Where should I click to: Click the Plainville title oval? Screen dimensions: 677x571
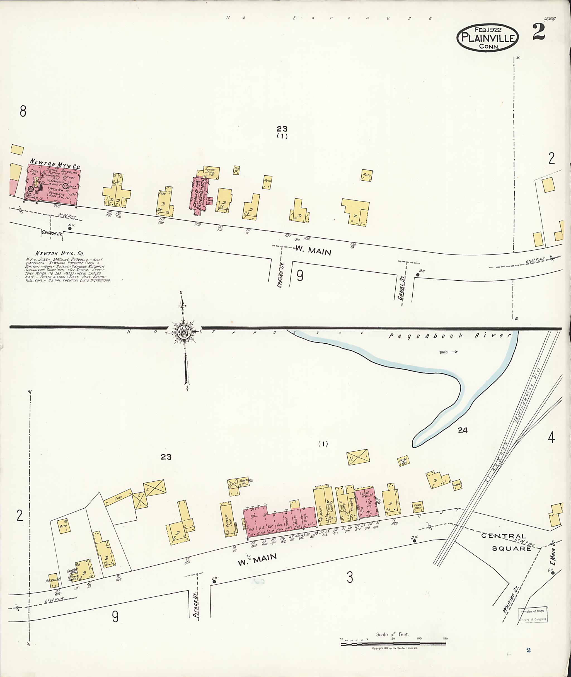pos(487,38)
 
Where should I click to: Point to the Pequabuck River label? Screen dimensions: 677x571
pos(450,336)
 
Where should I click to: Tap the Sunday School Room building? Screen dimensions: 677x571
pos(212,173)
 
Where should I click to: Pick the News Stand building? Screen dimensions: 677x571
pos(418,507)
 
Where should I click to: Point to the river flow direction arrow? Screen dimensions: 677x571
pos(449,352)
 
